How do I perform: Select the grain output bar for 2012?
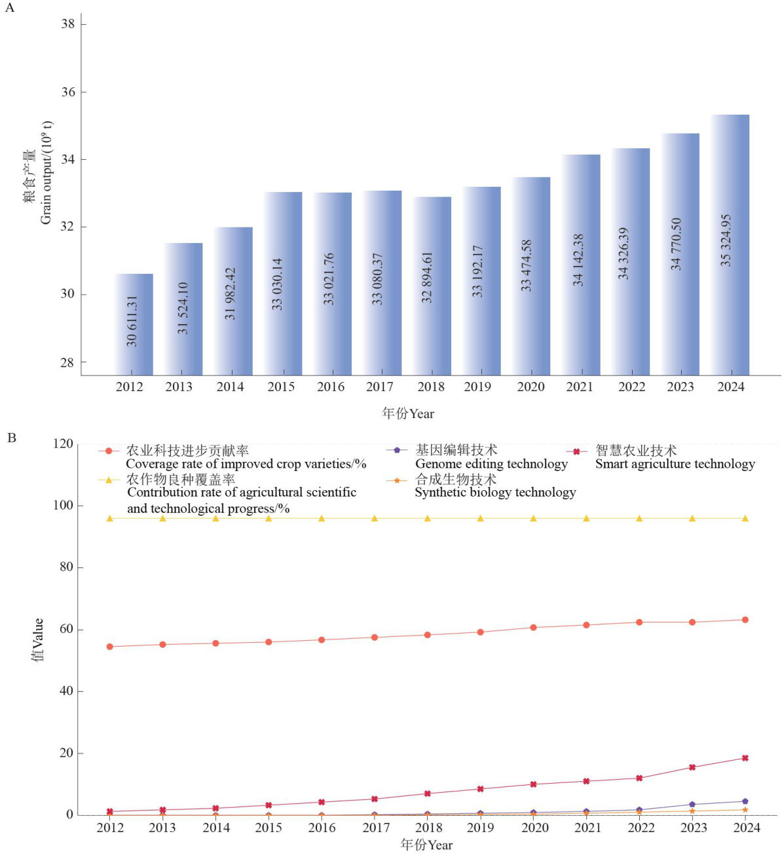click(x=134, y=324)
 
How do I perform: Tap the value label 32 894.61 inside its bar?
click(x=427, y=277)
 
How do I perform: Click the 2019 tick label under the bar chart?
click(x=477, y=387)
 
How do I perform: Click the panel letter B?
click(x=11, y=437)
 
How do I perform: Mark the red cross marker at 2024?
click(x=745, y=758)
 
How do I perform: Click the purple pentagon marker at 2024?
click(x=745, y=801)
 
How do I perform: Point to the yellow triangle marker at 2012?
click(x=110, y=518)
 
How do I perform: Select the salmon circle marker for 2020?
click(x=533, y=628)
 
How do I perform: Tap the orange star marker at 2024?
click(x=745, y=810)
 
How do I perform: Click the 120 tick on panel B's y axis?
click(x=64, y=444)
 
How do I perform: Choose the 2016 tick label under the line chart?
click(x=322, y=828)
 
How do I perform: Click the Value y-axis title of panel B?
click(x=37, y=639)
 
